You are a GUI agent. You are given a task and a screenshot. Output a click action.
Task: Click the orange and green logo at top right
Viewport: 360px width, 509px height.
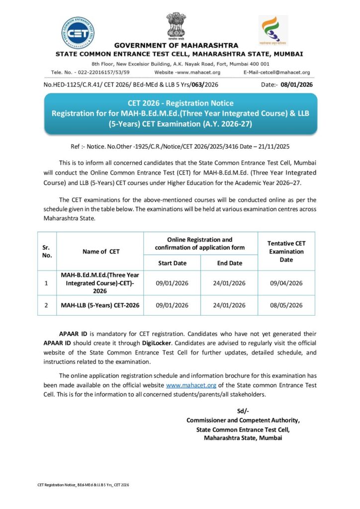(x=272, y=31)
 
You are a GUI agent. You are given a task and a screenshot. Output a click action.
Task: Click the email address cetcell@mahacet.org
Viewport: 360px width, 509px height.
(x=284, y=72)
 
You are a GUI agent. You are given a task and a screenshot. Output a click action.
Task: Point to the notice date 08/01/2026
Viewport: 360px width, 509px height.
(x=296, y=85)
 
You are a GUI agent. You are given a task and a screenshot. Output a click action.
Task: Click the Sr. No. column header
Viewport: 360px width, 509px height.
(x=47, y=251)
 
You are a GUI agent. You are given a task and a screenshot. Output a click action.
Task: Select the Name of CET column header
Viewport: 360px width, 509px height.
(x=101, y=252)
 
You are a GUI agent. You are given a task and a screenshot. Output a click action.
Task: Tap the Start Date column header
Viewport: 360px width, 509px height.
(x=172, y=263)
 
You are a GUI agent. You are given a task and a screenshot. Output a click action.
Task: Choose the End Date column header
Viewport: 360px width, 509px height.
(x=229, y=263)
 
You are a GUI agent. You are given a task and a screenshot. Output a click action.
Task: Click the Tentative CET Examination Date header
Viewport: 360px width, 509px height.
(x=286, y=251)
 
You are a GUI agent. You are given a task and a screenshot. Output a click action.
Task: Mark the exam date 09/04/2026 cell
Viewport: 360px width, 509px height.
(x=286, y=283)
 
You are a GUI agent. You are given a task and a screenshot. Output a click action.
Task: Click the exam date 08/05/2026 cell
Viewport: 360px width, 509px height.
(x=286, y=305)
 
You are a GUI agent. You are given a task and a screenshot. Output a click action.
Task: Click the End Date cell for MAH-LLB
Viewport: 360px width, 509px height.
(x=229, y=305)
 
